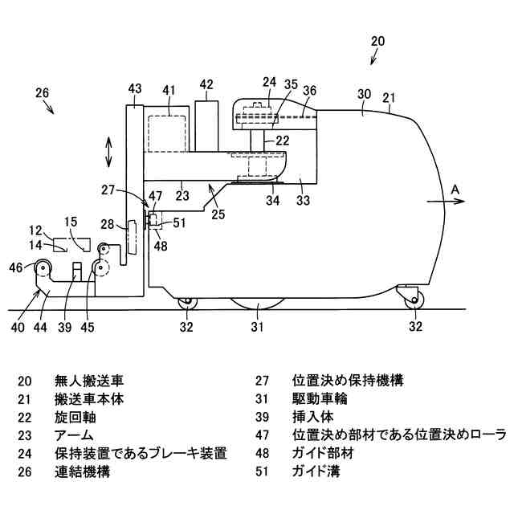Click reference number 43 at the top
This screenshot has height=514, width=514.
pos(135,88)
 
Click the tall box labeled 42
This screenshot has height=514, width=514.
pos(206,125)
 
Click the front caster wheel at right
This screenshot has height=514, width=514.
pos(414,300)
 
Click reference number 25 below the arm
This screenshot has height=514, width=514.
pos(217,214)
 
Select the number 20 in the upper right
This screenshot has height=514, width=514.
pos(378,40)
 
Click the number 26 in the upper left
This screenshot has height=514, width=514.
pos(43,92)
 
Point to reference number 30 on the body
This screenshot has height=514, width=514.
pos(364,94)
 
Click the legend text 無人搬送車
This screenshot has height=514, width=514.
pos(89,380)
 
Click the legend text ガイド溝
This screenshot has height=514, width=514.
pos(316,472)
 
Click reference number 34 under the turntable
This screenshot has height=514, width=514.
pos(273,200)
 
